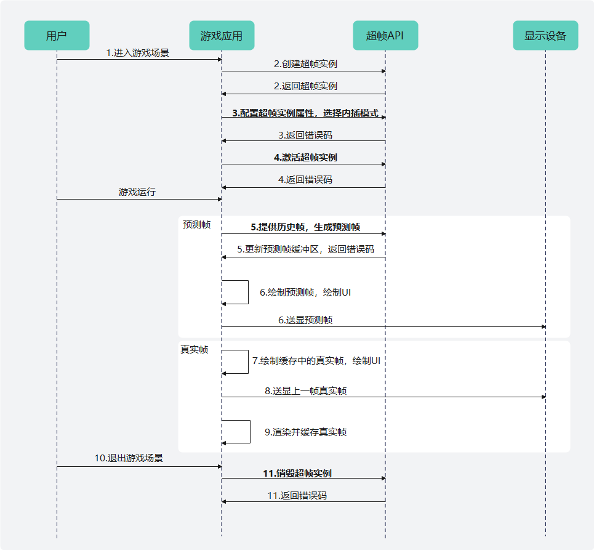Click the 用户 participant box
click(57, 36)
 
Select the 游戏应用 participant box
click(222, 36)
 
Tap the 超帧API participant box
click(385, 36)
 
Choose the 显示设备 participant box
click(545, 36)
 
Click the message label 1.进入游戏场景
click(137, 53)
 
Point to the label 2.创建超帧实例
click(305, 64)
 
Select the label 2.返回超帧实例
click(305, 87)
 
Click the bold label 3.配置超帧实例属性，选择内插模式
click(305, 114)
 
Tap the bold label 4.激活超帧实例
click(305, 158)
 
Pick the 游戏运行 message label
click(137, 192)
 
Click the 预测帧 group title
click(196, 225)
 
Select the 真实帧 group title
click(194, 350)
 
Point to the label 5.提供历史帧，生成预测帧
click(305, 227)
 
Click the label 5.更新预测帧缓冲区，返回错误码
click(305, 250)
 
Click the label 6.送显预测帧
click(305, 320)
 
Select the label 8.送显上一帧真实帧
click(305, 391)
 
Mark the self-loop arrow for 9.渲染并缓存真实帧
click(250, 432)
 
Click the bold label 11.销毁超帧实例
click(297, 474)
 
